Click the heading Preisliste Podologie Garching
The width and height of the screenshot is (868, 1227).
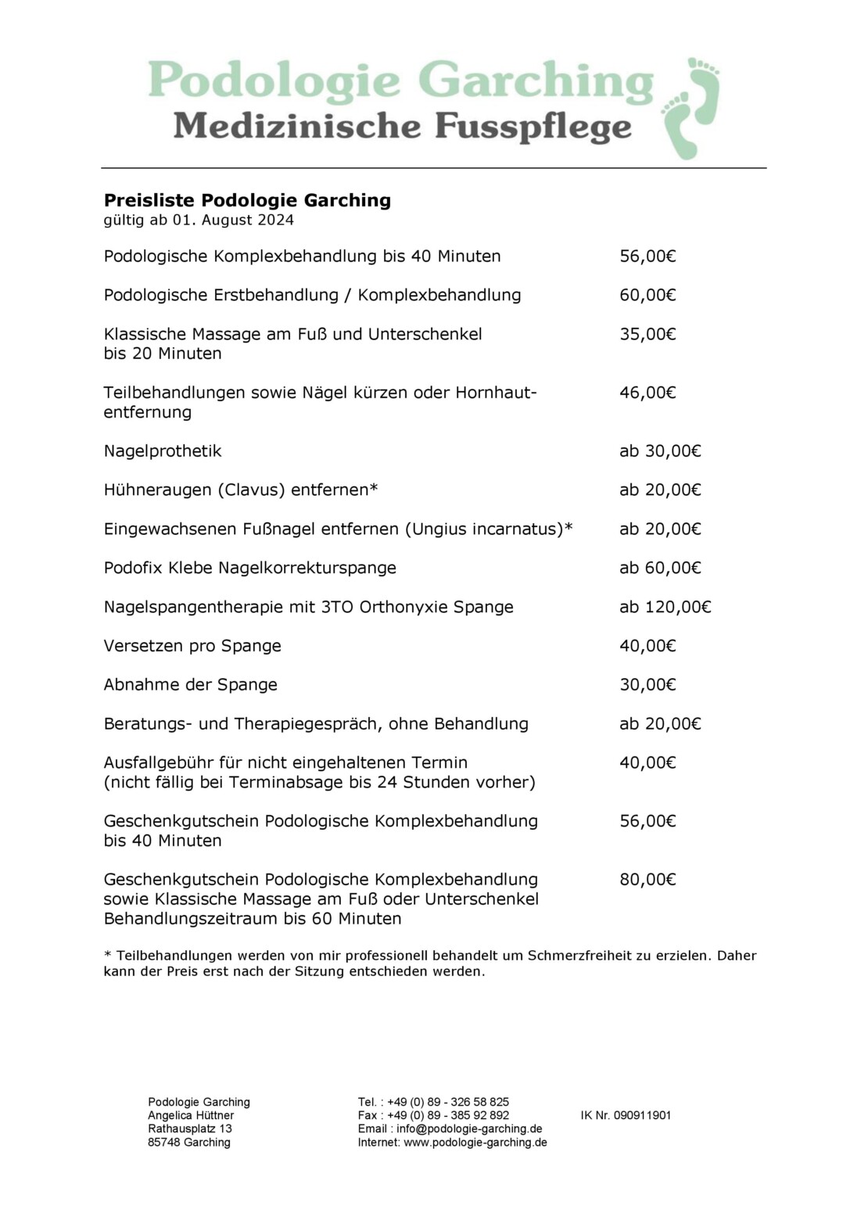click(x=247, y=200)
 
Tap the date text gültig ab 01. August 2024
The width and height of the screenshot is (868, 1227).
click(x=199, y=221)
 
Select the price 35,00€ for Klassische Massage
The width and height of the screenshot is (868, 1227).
click(x=647, y=334)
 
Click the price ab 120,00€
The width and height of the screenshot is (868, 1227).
click(x=665, y=607)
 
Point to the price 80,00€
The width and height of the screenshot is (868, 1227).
click(x=647, y=880)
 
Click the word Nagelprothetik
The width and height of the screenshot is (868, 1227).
click(x=163, y=451)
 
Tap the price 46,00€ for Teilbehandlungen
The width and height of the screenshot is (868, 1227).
click(x=647, y=393)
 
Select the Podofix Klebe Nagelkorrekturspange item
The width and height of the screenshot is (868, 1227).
click(x=249, y=568)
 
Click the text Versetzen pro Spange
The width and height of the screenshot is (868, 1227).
click(x=192, y=646)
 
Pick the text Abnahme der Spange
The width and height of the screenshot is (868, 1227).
click(x=190, y=685)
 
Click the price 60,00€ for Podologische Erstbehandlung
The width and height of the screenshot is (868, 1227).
click(x=647, y=295)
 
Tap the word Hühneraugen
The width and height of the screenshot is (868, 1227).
click(x=157, y=490)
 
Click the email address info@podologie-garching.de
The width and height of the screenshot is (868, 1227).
click(x=469, y=1128)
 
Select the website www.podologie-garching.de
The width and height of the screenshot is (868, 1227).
click(x=475, y=1143)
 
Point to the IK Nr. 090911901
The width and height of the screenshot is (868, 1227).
click(x=626, y=1115)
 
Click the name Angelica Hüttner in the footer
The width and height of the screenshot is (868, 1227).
click(x=191, y=1115)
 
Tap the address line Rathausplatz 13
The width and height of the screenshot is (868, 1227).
click(x=190, y=1128)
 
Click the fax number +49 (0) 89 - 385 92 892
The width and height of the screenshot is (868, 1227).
click(x=448, y=1115)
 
